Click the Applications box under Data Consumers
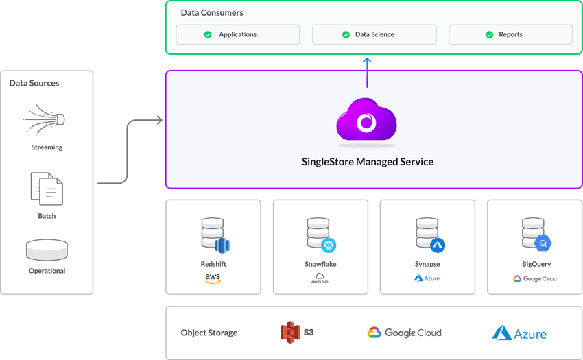[x=237, y=34]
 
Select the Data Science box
[x=374, y=34]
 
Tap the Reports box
[x=510, y=34]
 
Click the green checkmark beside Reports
[x=490, y=34]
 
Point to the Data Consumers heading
[x=212, y=13]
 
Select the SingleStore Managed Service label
[x=368, y=163]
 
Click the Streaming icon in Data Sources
[x=45, y=121]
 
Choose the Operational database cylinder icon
[x=47, y=250]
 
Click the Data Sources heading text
[x=34, y=84]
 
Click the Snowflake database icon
[x=320, y=235]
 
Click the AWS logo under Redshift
[x=213, y=279]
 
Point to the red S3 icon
[x=291, y=333]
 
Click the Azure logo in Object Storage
[x=519, y=333]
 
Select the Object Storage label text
[x=209, y=333]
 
